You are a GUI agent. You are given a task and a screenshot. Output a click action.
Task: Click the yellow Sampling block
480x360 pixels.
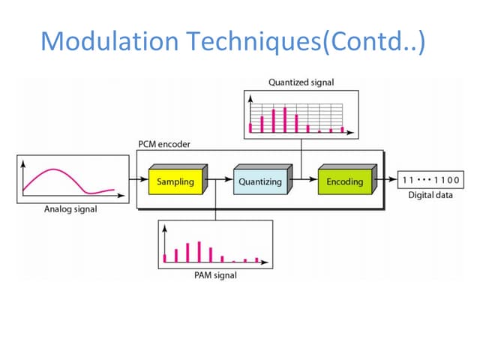point(175,181)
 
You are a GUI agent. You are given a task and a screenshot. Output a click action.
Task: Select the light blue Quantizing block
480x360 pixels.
point(260,181)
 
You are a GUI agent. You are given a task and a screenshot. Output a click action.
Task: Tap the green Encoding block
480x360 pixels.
point(344,181)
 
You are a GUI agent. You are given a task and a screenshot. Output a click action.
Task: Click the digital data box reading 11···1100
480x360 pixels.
point(430,181)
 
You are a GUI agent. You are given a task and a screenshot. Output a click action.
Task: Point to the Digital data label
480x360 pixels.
point(430,196)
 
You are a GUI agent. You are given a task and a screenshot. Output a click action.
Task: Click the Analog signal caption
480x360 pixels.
point(70,209)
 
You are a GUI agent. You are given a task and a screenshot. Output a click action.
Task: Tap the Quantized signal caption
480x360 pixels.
point(300,82)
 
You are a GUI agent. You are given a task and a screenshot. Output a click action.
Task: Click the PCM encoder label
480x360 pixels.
point(164,144)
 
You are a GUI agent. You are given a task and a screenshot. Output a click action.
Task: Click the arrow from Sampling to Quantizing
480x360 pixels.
point(221,181)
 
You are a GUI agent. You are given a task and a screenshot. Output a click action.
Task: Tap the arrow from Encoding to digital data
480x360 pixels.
point(388,181)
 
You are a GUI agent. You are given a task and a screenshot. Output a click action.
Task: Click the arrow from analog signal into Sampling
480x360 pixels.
point(137,181)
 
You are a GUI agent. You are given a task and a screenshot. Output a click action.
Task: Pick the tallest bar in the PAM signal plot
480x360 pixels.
point(199,251)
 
